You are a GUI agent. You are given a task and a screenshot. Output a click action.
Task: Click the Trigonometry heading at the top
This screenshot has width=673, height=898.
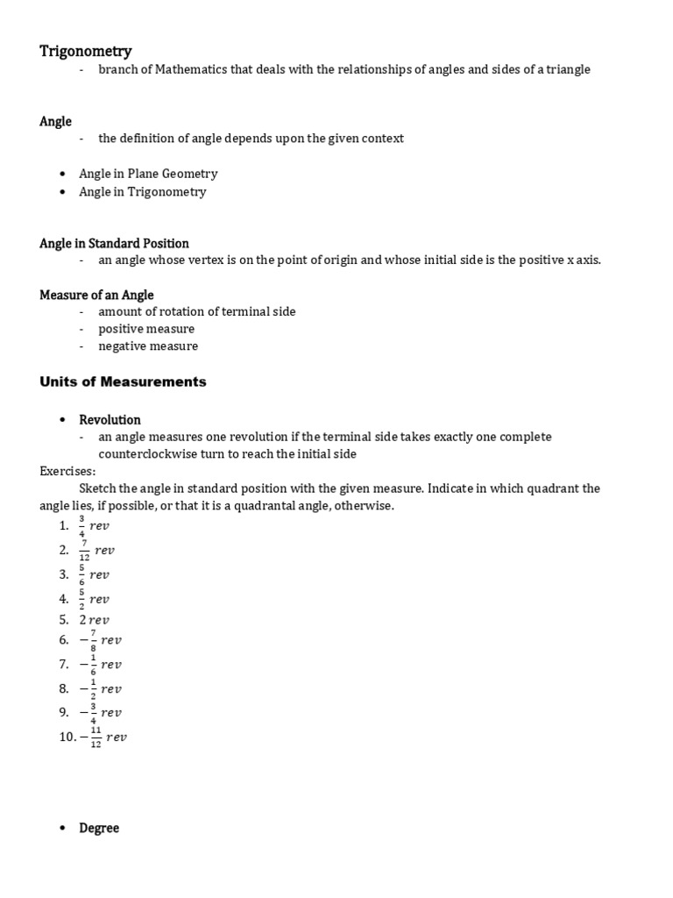pyautogui.click(x=86, y=52)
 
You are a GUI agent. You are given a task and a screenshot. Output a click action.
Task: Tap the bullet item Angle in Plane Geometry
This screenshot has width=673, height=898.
pyautogui.click(x=148, y=174)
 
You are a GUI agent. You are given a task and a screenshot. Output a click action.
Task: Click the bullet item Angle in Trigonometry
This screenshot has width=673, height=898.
pyautogui.click(x=143, y=191)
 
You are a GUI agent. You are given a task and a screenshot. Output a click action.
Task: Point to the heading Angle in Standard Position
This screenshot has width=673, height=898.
pyautogui.click(x=114, y=243)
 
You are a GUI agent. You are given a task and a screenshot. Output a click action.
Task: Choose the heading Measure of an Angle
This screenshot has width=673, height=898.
pyautogui.click(x=96, y=295)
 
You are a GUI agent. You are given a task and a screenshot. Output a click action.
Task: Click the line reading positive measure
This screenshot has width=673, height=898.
pyautogui.click(x=146, y=329)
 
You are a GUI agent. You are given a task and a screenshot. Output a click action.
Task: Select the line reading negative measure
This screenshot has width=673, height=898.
pyautogui.click(x=148, y=346)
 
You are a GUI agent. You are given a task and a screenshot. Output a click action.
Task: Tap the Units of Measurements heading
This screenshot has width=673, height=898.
pyautogui.click(x=123, y=381)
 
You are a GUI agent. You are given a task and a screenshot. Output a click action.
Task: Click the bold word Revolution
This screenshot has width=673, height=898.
pyautogui.click(x=110, y=419)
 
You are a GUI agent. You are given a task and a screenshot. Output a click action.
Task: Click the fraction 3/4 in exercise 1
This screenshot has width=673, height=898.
pyautogui.click(x=82, y=525)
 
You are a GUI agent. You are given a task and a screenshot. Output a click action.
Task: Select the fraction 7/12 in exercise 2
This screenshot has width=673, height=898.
pyautogui.click(x=84, y=550)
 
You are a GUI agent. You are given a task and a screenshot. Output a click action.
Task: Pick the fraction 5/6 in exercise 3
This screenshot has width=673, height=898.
pyautogui.click(x=82, y=574)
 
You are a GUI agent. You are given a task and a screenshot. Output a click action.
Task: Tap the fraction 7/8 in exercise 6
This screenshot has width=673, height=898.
pyautogui.click(x=93, y=640)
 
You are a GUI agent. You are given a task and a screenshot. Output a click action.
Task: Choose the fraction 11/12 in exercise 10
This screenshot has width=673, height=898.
pyautogui.click(x=96, y=737)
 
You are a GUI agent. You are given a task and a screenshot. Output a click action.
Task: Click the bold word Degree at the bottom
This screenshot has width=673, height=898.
pyautogui.click(x=99, y=828)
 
